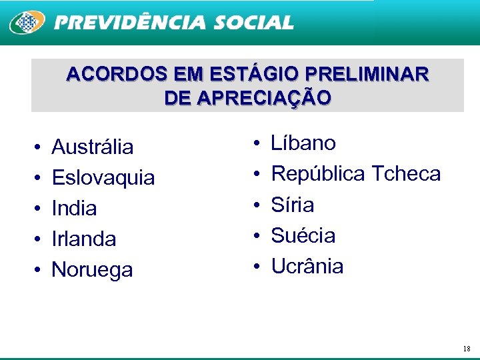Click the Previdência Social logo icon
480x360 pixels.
coord(27,23)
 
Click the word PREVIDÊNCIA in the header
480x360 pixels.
coord(130,23)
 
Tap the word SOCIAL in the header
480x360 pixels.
coord(253,23)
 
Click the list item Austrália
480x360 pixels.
coord(92,147)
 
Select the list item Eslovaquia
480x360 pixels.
coord(103,178)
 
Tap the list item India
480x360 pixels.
coord(74,209)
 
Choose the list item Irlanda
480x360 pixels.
coord(83,239)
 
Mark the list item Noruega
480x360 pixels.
coord(92,270)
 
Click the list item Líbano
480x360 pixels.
coord(303,143)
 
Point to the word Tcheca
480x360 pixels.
coord(406,174)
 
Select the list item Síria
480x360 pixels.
coord(292,205)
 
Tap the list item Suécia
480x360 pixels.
coord(303,235)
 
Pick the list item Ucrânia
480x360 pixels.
coord(307,267)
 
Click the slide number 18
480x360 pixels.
coord(466,349)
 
